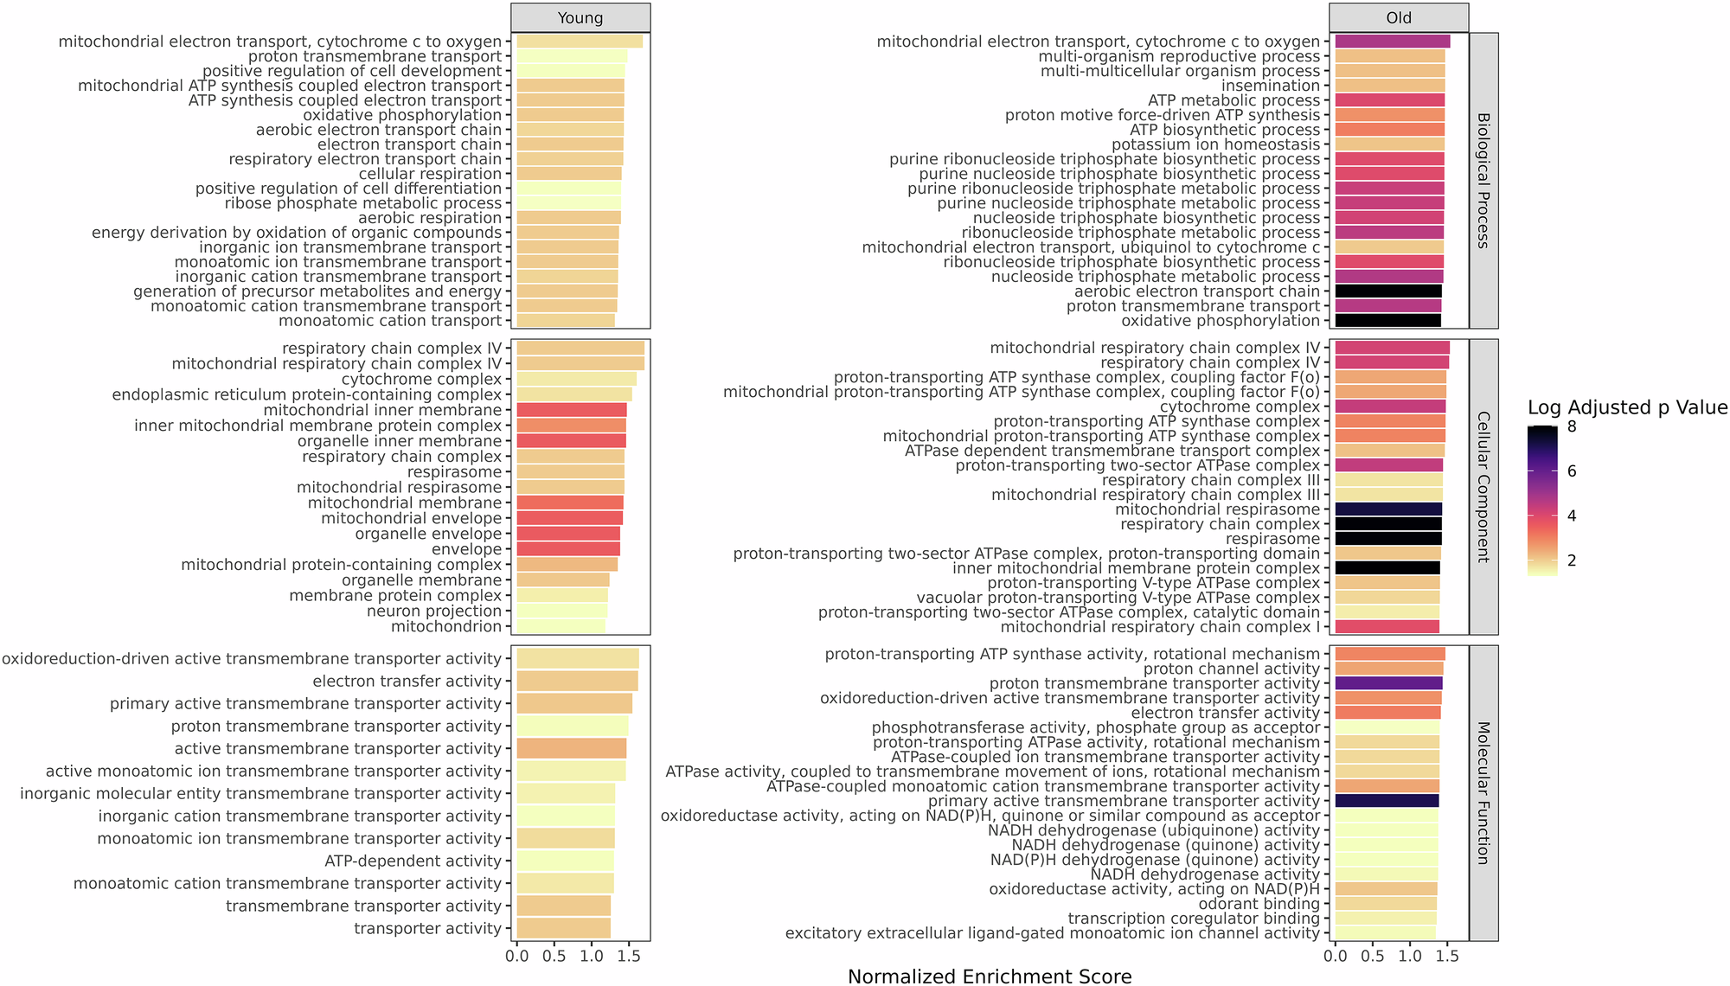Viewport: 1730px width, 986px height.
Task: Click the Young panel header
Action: point(580,18)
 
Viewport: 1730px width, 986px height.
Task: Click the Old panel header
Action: point(1399,18)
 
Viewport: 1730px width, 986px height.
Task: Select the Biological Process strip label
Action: point(1483,181)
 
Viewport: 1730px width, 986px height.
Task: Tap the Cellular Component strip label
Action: point(1483,487)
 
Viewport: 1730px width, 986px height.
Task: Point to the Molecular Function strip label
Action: point(1483,793)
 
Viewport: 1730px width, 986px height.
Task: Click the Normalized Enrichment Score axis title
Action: point(990,976)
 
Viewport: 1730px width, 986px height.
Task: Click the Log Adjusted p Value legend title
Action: point(1627,407)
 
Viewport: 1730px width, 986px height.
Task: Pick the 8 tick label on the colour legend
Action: point(1572,426)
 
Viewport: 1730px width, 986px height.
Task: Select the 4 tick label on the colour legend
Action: point(1572,515)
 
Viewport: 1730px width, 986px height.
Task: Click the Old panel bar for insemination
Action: point(1389,86)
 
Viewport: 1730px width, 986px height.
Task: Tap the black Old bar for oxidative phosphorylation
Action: point(1387,321)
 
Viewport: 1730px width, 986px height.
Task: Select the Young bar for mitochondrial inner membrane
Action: point(571,410)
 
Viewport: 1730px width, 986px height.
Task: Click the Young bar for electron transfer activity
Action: point(577,682)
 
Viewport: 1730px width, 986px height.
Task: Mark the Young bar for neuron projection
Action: point(561,611)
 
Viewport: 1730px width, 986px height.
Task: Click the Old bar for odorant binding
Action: point(1386,904)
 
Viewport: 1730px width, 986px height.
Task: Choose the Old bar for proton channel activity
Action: point(1389,669)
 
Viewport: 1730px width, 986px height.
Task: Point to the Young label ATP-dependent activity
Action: point(413,861)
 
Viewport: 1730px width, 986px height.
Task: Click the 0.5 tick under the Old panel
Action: point(1372,957)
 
